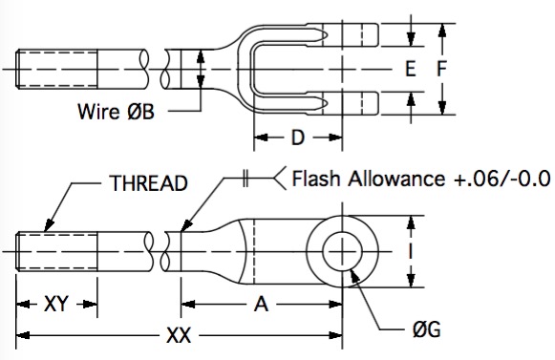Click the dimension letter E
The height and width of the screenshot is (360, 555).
click(410, 69)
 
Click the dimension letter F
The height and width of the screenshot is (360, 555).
click(441, 69)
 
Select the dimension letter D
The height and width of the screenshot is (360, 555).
click(298, 138)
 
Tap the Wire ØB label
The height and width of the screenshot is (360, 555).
click(117, 112)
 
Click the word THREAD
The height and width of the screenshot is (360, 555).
click(148, 183)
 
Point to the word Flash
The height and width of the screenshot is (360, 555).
click(316, 178)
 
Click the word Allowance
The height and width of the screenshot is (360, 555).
click(396, 178)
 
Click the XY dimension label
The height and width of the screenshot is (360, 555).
click(55, 304)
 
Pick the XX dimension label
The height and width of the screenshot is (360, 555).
click(179, 335)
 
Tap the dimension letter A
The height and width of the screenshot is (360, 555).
click(261, 304)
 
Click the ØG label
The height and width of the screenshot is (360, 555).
click(426, 329)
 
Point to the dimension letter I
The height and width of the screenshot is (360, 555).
click(411, 252)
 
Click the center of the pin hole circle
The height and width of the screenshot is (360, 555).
click(342, 251)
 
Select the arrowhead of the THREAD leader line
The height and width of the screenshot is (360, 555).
click(49, 225)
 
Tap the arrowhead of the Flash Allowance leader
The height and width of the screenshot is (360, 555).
click(186, 225)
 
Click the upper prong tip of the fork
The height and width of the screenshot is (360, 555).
click(378, 34)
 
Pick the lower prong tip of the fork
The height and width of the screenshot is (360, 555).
click(378, 103)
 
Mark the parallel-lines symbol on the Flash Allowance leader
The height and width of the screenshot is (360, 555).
click(245, 178)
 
